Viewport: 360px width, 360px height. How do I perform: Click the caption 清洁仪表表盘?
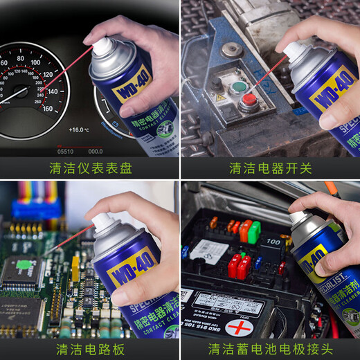click(90, 168)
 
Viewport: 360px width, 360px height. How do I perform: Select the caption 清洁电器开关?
click(271, 168)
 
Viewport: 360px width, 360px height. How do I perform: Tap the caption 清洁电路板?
click(90, 348)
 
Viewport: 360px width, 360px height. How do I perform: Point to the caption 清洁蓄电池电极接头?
click(271, 348)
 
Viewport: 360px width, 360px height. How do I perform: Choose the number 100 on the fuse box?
click(273, 242)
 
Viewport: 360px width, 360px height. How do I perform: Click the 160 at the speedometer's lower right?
click(47, 109)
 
